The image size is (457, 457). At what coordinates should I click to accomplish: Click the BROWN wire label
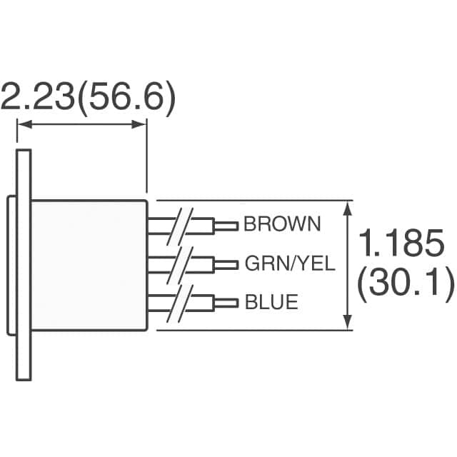pos(282,225)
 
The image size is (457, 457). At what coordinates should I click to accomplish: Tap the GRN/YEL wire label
pos(289,264)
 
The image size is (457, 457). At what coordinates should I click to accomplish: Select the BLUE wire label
pos(271,303)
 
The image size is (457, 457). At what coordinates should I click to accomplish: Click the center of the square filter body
pos(89,265)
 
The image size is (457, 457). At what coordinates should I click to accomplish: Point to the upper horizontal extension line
pos(250,201)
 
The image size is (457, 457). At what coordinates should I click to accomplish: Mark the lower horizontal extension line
pos(250,330)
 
